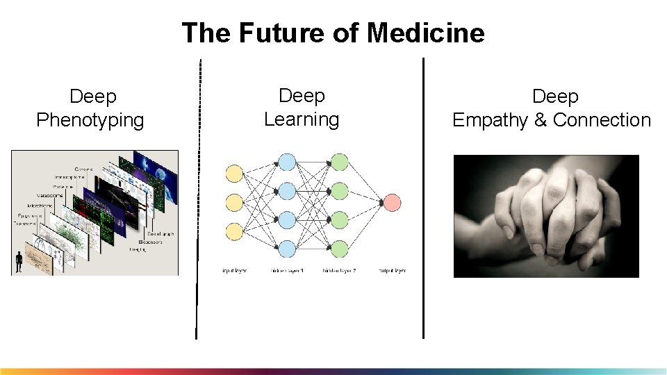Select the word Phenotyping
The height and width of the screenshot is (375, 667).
(x=90, y=120)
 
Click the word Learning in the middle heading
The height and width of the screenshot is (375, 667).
(x=302, y=119)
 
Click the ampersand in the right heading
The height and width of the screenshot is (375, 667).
(x=541, y=120)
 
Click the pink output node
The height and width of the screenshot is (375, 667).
(x=392, y=203)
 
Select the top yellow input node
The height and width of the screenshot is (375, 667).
(x=235, y=174)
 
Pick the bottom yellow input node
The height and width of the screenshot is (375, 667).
(x=235, y=231)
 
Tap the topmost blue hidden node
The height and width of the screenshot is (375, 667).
(x=287, y=162)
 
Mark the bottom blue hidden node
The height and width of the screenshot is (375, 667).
(x=287, y=248)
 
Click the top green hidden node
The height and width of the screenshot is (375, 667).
(x=339, y=162)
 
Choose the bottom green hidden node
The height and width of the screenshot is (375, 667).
(x=339, y=248)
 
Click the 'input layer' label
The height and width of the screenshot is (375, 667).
(x=235, y=270)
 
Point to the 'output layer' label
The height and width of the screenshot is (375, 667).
(x=393, y=270)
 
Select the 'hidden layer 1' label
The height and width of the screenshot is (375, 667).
(x=287, y=270)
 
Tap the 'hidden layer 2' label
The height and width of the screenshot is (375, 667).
(x=339, y=270)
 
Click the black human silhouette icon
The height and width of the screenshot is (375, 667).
(x=19, y=262)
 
